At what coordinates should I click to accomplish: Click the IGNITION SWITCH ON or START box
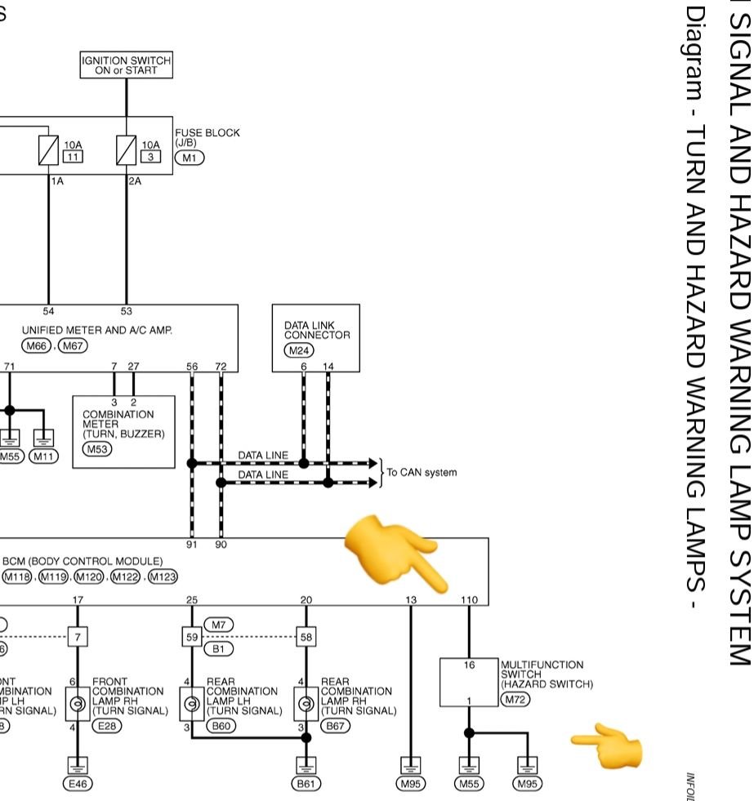click(126, 65)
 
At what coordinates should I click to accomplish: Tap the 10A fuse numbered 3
click(126, 151)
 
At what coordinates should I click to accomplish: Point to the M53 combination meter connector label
click(97, 449)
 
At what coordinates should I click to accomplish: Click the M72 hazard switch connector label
click(515, 700)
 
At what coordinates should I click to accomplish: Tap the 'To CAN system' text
click(422, 473)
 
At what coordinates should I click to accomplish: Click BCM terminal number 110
click(469, 600)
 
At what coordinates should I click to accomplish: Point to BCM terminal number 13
click(410, 600)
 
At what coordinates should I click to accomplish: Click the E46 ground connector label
click(78, 783)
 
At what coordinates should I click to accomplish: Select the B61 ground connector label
click(307, 783)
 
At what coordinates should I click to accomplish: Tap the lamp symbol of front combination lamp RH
click(78, 702)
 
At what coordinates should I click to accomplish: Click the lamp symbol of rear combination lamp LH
click(192, 702)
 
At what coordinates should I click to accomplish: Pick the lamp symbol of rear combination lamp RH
click(306, 702)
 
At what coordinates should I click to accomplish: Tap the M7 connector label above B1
click(218, 625)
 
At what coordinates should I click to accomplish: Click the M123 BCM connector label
click(162, 577)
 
